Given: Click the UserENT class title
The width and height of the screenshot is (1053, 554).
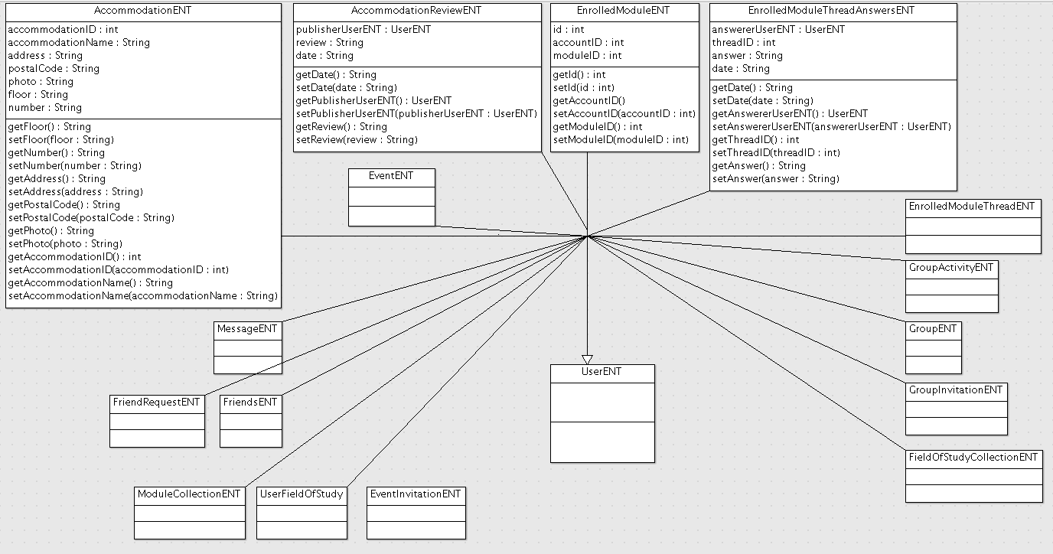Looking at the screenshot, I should pyautogui.click(x=602, y=372).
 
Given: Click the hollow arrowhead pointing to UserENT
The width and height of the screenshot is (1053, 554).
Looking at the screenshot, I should pyautogui.click(x=587, y=359).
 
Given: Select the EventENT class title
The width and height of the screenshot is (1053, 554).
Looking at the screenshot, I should pyautogui.click(x=391, y=176).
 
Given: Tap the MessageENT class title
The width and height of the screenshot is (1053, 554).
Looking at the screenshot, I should pyautogui.click(x=248, y=329).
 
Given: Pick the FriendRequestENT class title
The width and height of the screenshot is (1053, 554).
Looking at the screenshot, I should pyautogui.click(x=157, y=402).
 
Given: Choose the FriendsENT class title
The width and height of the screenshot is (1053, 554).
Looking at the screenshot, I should pyautogui.click(x=250, y=402).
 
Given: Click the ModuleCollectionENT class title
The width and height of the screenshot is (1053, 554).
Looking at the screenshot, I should pyautogui.click(x=189, y=494).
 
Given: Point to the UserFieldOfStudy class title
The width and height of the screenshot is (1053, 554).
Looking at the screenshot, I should pyautogui.click(x=302, y=494).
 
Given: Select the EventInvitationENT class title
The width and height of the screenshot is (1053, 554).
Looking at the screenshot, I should pyautogui.click(x=416, y=494).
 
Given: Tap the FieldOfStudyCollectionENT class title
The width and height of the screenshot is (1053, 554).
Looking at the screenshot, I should pyautogui.click(x=973, y=458).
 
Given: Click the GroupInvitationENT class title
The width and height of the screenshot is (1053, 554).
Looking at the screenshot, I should pyautogui.click(x=956, y=390).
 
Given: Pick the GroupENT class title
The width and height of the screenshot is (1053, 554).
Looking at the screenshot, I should pyautogui.click(x=933, y=329).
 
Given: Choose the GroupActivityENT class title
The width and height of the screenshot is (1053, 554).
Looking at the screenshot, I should pyautogui.click(x=951, y=268).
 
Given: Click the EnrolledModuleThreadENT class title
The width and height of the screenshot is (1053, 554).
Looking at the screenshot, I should pyautogui.click(x=972, y=207).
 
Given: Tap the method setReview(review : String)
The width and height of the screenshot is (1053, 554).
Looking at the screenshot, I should pyautogui.click(x=357, y=140).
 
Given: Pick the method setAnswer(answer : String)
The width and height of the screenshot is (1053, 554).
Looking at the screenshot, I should pyautogui.click(x=775, y=179).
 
